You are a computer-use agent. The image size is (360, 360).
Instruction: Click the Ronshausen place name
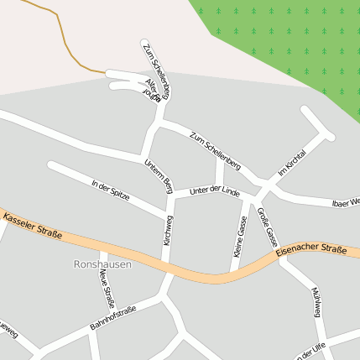click(x=103, y=264)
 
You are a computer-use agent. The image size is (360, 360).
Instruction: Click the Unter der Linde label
click(x=215, y=191)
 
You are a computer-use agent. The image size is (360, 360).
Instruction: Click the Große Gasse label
click(x=267, y=225)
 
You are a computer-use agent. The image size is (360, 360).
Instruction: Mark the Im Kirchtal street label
click(x=290, y=160)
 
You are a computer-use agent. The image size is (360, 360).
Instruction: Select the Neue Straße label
click(x=105, y=289)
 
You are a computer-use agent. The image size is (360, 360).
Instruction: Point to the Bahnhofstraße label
click(x=112, y=319)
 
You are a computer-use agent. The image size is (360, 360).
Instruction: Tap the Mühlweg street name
click(x=316, y=303)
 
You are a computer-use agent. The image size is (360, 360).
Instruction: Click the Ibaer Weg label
click(x=346, y=202)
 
